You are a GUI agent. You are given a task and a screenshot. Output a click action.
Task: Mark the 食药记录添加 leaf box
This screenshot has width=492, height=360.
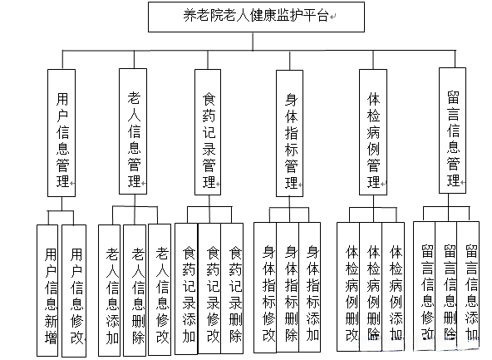tap(189, 287)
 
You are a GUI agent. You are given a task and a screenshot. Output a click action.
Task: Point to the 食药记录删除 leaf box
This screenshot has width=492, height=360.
tap(234, 287)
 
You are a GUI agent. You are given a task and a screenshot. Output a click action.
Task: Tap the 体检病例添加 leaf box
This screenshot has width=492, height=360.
tap(396, 287)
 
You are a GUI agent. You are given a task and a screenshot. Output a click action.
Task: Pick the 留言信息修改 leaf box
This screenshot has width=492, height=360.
tap(426, 287)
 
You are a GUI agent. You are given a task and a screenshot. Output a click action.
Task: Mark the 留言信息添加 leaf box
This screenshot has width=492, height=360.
tap(470, 287)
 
